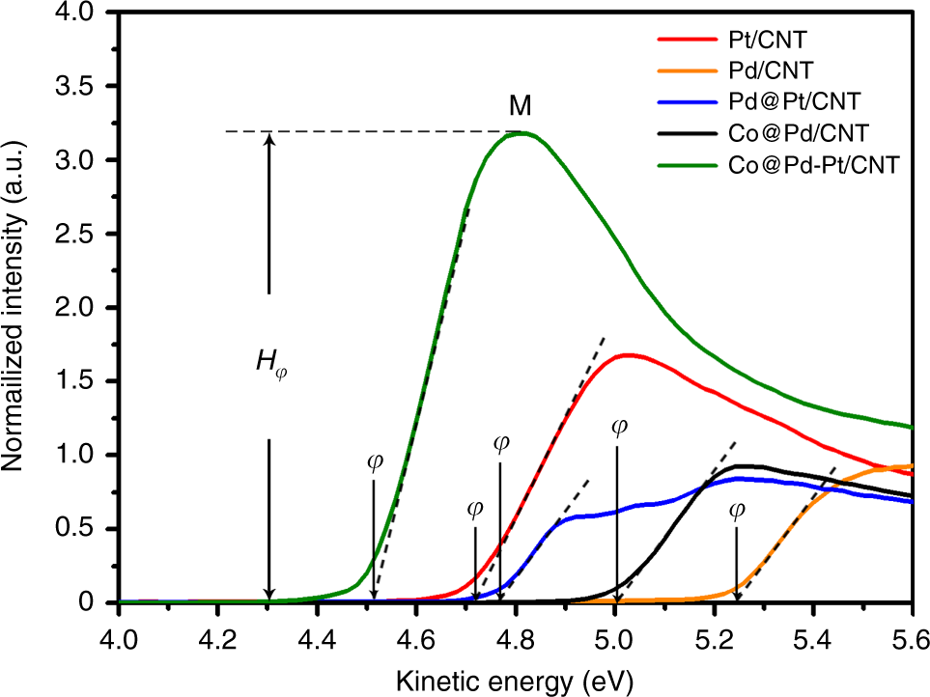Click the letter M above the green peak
click(521, 105)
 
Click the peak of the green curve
click(521, 133)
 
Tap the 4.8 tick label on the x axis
click(515, 638)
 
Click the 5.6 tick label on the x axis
click(911, 638)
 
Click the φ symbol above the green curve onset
click(375, 460)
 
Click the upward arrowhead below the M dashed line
click(269, 138)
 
